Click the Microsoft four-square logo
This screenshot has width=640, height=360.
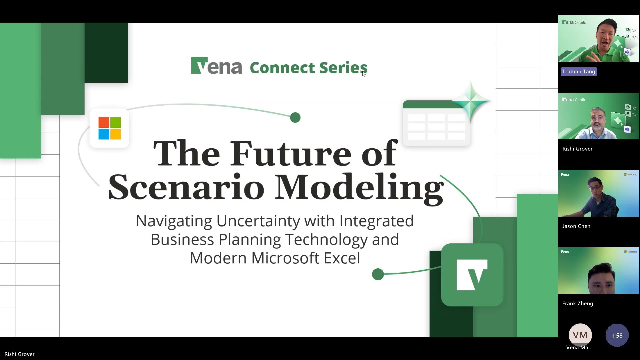click(x=110, y=128)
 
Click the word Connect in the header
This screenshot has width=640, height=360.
click(x=282, y=68)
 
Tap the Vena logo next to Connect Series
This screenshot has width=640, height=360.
click(x=216, y=66)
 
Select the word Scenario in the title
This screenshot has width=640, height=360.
click(x=186, y=187)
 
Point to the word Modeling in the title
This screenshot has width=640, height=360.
click(x=359, y=187)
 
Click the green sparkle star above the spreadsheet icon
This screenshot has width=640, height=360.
click(x=471, y=100)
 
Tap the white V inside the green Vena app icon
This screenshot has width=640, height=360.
click(x=472, y=275)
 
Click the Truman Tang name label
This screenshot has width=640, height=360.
click(x=579, y=72)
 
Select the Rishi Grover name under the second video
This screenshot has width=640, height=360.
click(x=577, y=149)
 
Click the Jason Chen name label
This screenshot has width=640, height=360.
click(x=576, y=226)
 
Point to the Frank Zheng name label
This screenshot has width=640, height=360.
click(x=578, y=304)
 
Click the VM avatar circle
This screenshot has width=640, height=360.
click(x=580, y=335)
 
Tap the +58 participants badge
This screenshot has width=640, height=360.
click(x=617, y=336)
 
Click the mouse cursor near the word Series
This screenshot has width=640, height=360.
click(x=364, y=74)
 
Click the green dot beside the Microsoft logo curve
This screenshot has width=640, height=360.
click(x=295, y=118)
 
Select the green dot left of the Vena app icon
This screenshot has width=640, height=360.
click(x=378, y=274)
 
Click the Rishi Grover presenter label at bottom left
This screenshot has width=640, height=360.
click(x=19, y=354)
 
